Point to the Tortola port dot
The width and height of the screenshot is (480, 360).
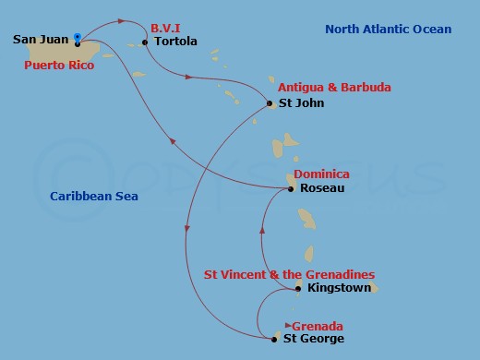click(145, 42)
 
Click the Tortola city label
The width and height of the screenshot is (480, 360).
click(175, 42)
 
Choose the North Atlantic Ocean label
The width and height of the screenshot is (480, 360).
click(389, 30)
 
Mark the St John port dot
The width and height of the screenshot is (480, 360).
click(270, 103)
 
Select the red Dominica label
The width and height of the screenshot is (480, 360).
click(321, 174)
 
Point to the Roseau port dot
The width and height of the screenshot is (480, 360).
click(291, 188)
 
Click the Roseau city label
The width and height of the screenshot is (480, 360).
click(322, 188)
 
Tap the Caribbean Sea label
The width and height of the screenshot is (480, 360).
click(94, 196)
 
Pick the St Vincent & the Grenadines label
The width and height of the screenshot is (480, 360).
click(289, 274)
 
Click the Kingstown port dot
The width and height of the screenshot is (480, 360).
click(297, 289)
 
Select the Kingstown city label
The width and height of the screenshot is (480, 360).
click(339, 289)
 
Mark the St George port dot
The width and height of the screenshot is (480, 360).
click(273, 340)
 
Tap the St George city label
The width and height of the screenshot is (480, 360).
click(313, 340)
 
